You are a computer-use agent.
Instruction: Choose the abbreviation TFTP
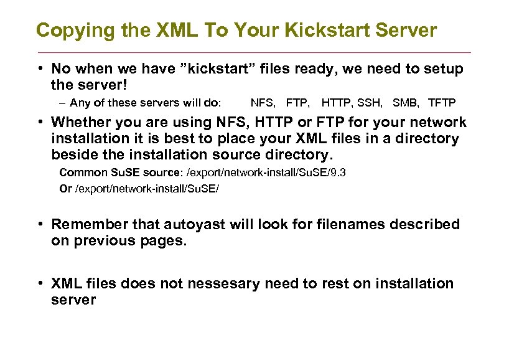[442, 102]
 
